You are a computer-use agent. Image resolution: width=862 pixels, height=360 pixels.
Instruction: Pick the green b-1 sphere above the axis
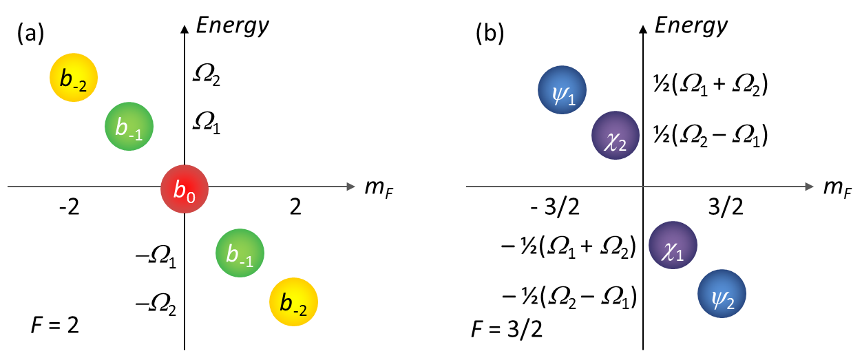click(x=129, y=127)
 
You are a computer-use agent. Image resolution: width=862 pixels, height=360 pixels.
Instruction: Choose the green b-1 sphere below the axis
click(x=240, y=253)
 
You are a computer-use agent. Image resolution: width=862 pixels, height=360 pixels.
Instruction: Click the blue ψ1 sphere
click(x=562, y=90)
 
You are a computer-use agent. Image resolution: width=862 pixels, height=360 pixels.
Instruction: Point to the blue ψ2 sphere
click(x=722, y=294)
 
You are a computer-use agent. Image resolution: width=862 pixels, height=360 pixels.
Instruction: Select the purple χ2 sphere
click(x=616, y=135)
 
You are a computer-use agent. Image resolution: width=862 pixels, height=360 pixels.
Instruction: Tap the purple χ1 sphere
click(x=673, y=246)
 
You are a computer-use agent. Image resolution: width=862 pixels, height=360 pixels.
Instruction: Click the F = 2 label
click(x=55, y=324)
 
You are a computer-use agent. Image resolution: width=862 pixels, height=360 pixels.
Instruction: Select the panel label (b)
click(x=490, y=35)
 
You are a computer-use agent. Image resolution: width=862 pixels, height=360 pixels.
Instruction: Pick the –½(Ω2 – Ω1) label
click(x=569, y=298)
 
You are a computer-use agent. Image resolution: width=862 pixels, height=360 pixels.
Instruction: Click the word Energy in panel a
click(x=233, y=26)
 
